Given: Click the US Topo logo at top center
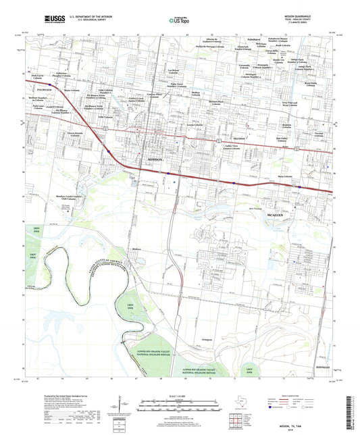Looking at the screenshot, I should click(x=174, y=21).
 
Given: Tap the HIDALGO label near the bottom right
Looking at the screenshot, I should click(x=320, y=361).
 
